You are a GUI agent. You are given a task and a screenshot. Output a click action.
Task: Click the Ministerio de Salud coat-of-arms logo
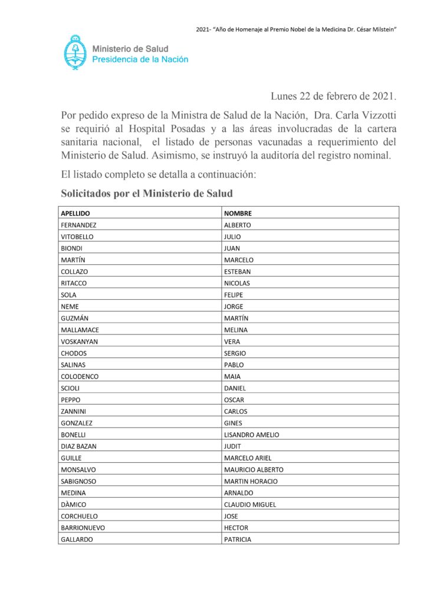coord(75,52)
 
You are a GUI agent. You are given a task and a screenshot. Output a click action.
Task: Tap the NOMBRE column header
coord(238,213)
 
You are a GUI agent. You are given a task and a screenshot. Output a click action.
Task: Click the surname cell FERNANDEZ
coord(78,225)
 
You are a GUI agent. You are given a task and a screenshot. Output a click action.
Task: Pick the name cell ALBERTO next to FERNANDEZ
coord(237,225)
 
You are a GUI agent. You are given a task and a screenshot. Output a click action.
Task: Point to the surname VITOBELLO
coord(77,237)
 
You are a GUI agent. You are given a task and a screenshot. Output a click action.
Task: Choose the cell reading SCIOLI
coord(71,388)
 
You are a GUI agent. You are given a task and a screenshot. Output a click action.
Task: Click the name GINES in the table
coord(234,423)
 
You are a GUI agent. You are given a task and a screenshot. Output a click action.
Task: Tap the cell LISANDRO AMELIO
coord(251,435)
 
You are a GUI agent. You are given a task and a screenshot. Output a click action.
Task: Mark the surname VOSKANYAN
coord(79,342)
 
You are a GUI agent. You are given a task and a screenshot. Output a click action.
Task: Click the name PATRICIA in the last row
coord(237,539)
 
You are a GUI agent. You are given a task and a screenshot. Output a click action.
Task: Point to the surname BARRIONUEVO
coord(83,528)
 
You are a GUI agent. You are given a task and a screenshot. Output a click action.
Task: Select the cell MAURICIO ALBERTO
coord(254,469)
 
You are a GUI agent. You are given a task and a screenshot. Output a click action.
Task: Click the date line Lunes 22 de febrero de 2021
coord(333,96)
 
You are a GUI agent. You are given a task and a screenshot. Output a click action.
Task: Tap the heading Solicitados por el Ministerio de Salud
coord(147,193)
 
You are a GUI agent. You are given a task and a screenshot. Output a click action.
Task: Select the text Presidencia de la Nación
coord(140,59)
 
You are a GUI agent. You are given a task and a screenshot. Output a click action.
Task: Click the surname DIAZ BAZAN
coord(79,446)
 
